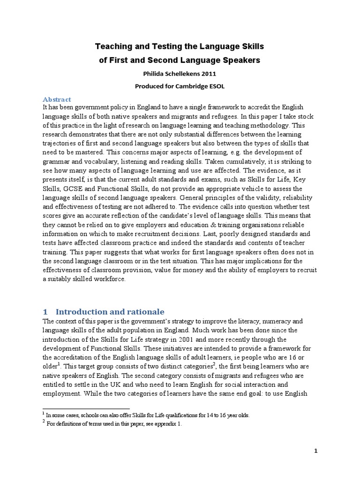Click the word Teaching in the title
point(112,46)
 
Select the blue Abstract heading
point(57,99)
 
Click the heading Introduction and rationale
point(110,312)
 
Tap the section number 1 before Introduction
point(45,312)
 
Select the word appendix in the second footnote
point(160,424)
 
